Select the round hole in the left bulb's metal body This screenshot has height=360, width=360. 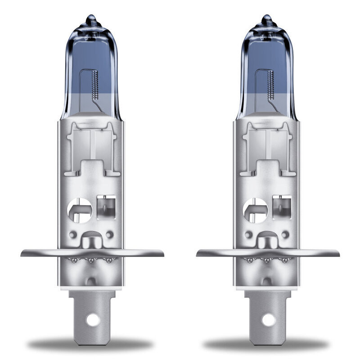coord(79,210)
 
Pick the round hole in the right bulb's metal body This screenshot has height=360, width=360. coord(255,210)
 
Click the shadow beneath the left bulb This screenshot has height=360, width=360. coord(90,344)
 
